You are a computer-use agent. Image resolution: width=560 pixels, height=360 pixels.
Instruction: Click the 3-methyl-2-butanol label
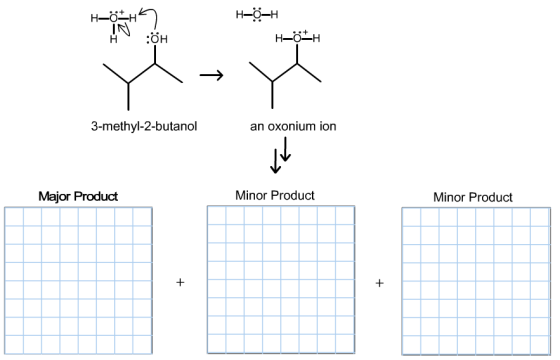[x=144, y=126]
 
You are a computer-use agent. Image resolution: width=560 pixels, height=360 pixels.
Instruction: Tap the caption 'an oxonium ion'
[x=293, y=126]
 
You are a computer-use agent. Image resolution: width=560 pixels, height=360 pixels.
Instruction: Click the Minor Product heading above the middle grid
[x=275, y=195]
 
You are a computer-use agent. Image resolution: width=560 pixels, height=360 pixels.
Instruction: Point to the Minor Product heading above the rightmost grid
[x=473, y=197]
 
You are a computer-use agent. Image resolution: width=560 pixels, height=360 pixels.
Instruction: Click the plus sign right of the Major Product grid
[x=180, y=282]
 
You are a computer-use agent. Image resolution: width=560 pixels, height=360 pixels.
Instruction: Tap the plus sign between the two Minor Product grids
[x=379, y=283]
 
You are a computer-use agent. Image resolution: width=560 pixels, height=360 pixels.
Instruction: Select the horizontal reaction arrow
[x=211, y=75]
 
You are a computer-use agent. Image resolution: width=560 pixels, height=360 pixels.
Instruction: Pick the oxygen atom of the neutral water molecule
[x=257, y=15]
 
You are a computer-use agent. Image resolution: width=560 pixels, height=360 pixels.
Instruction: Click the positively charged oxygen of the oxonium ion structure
[x=297, y=38]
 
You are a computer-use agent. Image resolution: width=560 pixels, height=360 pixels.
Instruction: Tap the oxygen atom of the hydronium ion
[x=114, y=18]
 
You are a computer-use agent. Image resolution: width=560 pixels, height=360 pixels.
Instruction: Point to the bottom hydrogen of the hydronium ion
[x=114, y=39]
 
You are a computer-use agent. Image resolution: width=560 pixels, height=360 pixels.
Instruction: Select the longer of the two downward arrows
[x=275, y=161]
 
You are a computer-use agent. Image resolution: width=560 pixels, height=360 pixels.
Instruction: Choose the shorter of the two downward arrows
[x=285, y=149]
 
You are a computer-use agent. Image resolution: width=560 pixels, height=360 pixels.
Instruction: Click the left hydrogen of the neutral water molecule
[x=240, y=15]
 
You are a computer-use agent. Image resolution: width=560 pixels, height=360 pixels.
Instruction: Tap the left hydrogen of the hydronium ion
[x=94, y=18]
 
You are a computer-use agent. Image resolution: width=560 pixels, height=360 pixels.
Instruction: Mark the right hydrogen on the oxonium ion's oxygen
[x=316, y=38]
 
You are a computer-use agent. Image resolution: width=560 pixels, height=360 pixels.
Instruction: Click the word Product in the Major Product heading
[x=96, y=196]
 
